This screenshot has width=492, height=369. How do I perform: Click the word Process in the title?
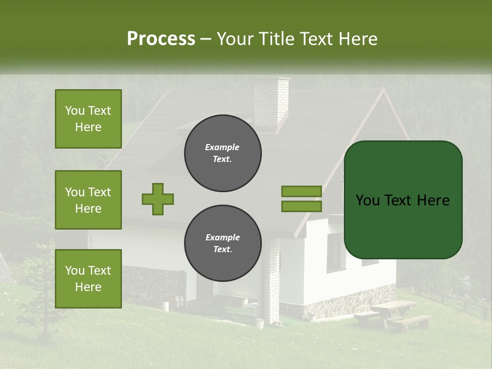pyautogui.click(x=161, y=39)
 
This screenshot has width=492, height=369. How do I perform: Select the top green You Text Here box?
pyautogui.click(x=88, y=119)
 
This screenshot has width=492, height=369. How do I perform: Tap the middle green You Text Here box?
pyautogui.click(x=88, y=200)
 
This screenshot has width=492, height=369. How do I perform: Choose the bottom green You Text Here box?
pyautogui.click(x=88, y=278)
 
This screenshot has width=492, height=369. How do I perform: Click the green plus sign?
pyautogui.click(x=158, y=199)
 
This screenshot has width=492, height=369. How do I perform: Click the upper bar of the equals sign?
pyautogui.click(x=301, y=191)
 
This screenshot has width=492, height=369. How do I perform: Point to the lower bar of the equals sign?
pyautogui.click(x=301, y=207)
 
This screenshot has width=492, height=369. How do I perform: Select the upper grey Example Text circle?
pyautogui.click(x=223, y=153)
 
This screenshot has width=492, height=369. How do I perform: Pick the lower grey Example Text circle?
pyautogui.click(x=223, y=243)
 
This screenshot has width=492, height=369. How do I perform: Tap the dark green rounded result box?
pyautogui.click(x=403, y=200)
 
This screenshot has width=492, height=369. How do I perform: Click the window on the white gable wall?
pyautogui.click(x=336, y=252)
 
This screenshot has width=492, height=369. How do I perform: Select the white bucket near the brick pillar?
pyautogui.click(x=260, y=324)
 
